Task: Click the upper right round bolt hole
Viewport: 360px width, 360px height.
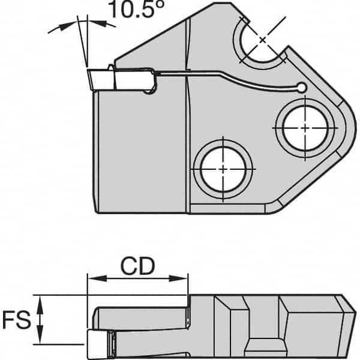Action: click(x=305, y=128)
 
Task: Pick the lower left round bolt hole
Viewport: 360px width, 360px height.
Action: click(x=223, y=169)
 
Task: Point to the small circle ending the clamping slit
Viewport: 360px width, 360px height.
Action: click(x=302, y=89)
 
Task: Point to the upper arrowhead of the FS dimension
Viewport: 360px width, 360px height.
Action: click(x=40, y=300)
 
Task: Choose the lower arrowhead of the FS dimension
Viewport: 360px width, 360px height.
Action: click(x=40, y=340)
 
